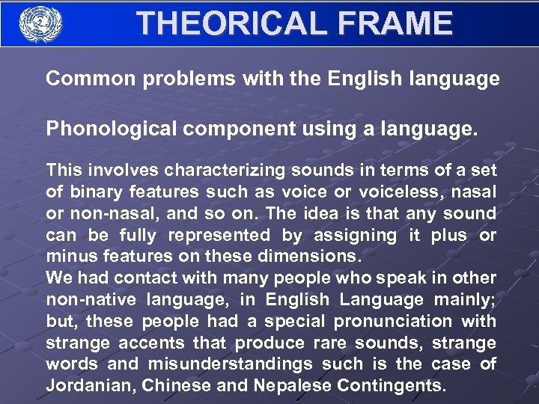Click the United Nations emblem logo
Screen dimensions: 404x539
tap(40, 23)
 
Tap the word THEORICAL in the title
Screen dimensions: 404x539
tap(229, 23)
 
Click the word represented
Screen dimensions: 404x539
tap(219, 235)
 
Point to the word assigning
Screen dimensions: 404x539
tap(355, 235)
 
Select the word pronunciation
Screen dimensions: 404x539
tap(393, 322)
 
